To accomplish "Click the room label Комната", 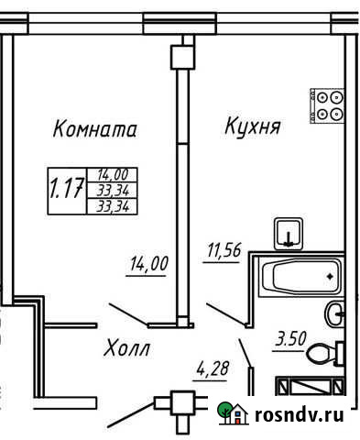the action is (95, 129).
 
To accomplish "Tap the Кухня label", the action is (252, 126).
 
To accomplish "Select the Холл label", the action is (125, 349).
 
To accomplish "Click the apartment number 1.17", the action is (66, 190).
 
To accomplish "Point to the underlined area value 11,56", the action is (219, 249).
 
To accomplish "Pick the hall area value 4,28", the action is (212, 371).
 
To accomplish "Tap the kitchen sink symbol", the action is (289, 234).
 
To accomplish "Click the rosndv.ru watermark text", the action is (304, 415).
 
